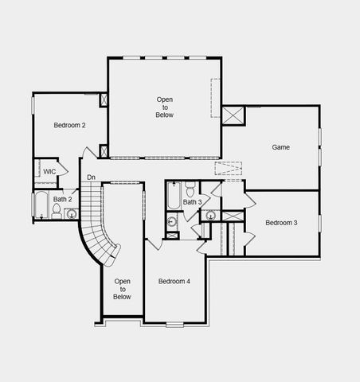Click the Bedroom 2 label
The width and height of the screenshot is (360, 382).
70,125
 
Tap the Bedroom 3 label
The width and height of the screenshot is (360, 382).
281,222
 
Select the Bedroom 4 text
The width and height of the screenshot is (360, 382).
174,280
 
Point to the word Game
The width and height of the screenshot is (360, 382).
280,147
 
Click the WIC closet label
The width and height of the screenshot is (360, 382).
49,171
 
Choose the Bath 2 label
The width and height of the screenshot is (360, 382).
62,199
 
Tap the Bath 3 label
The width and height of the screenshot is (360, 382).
191,202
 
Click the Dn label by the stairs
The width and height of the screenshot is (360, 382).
92,177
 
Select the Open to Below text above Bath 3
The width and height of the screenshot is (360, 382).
164,107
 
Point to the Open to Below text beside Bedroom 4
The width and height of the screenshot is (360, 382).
122,289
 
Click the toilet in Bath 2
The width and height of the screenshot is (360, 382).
56,211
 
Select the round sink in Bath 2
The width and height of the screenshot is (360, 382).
72,213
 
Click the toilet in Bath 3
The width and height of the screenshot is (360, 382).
190,189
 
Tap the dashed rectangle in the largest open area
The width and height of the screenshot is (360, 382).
215,98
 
